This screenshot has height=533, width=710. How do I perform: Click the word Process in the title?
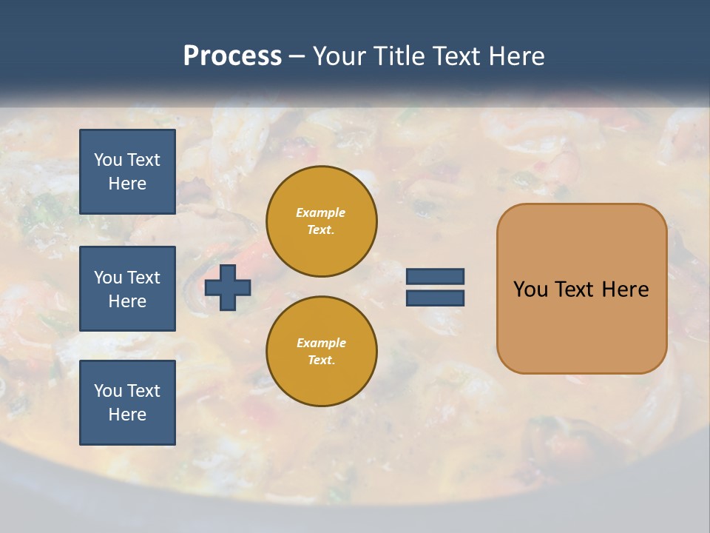click(x=232, y=56)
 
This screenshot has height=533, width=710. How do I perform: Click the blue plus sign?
click(x=228, y=287)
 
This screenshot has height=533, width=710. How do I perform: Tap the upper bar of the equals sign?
click(x=435, y=276)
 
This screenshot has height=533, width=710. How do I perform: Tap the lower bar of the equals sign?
click(x=435, y=298)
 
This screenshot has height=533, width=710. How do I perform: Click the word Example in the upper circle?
click(x=321, y=212)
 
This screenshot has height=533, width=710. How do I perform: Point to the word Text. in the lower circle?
click(x=321, y=361)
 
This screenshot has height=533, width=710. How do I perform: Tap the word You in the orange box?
click(x=531, y=289)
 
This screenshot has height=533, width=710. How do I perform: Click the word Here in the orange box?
click(x=625, y=289)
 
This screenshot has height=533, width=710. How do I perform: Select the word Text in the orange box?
click(x=575, y=289)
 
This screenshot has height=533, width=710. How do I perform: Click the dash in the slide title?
click(x=297, y=56)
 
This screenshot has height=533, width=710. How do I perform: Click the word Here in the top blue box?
click(x=127, y=184)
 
